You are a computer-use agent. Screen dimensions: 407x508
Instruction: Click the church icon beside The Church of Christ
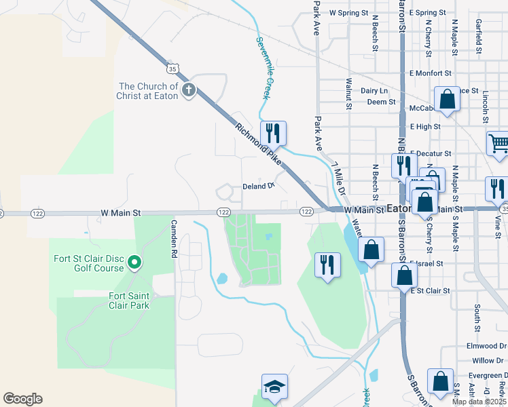(x=189, y=90)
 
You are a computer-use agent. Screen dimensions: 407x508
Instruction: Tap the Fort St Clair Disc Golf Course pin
(x=134, y=262)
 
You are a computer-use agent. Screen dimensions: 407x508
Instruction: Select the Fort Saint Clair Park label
(x=129, y=300)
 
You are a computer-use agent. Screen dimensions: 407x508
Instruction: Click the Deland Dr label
(x=258, y=186)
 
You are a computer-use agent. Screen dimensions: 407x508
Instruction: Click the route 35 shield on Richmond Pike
(x=173, y=69)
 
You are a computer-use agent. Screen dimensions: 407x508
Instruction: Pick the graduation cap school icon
(x=274, y=387)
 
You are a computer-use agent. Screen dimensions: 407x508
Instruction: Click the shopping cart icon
(x=498, y=144)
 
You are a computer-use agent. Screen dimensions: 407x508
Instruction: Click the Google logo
(x=22, y=399)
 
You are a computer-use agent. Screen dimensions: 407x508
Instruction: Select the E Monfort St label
(x=430, y=73)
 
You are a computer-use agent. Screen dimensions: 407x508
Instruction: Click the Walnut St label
(x=348, y=93)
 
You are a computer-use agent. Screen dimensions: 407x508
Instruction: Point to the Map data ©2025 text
(x=479, y=402)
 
